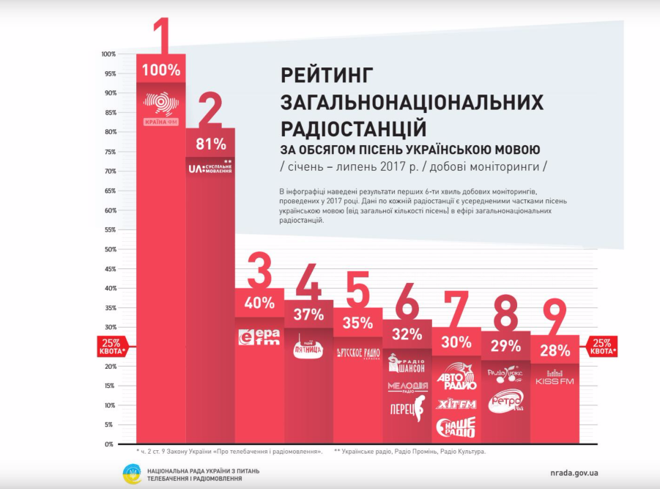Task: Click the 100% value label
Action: coord(161,70)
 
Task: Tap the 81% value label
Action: coord(210,144)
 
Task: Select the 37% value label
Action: coord(308,315)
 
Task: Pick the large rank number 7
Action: coord(456,312)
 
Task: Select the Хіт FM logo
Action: coord(456,404)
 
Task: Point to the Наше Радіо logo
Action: coord(456,427)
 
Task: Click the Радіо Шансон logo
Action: coord(407,363)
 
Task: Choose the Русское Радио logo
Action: coord(357,352)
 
